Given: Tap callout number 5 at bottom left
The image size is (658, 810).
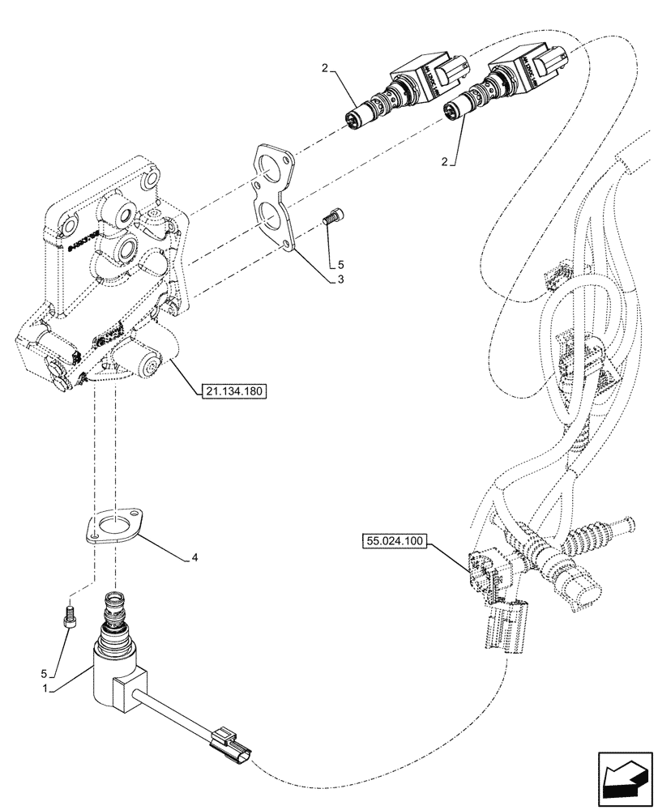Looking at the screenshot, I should (x=54, y=671).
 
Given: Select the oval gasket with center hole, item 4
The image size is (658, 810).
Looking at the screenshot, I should (x=113, y=524).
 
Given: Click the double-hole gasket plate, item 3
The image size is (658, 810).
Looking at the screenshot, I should (x=274, y=194).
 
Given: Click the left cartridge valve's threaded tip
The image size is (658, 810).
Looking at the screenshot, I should (x=354, y=120).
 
